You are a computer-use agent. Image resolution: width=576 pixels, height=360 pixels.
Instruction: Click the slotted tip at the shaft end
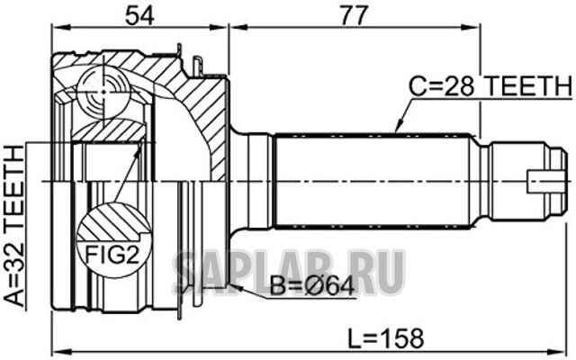545,180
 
